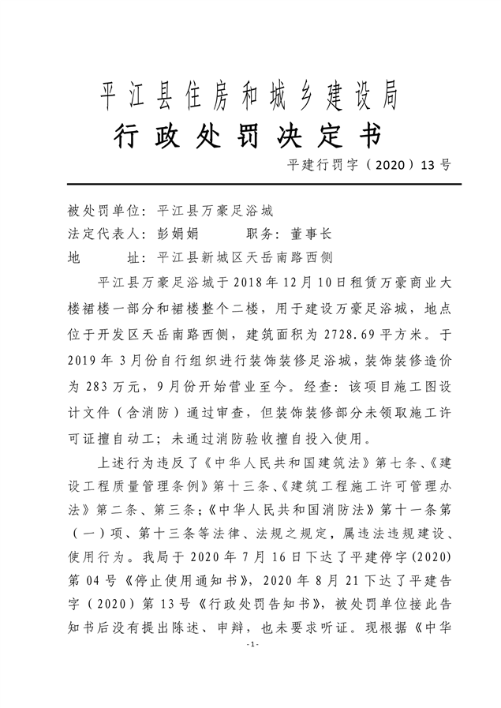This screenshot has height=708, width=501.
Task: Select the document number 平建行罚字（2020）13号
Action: pyautogui.click(x=370, y=165)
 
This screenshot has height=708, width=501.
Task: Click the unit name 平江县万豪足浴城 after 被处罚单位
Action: pyautogui.click(x=215, y=211)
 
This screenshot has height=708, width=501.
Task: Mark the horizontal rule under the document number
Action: pyautogui.click(x=250, y=183)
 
